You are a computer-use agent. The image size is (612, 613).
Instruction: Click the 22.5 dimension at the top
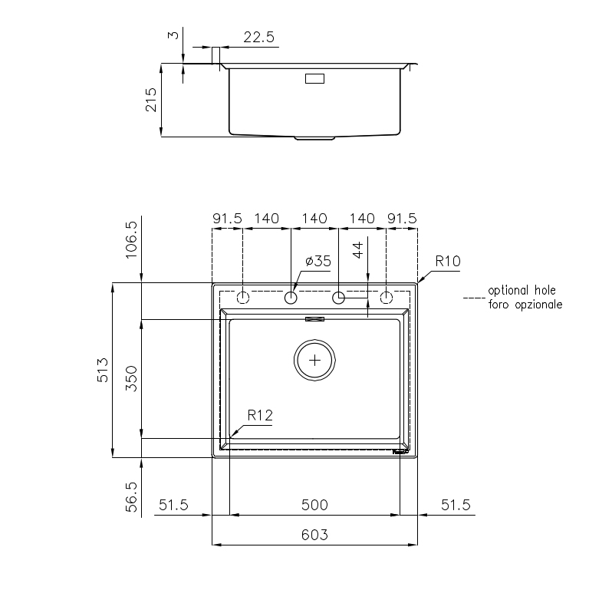click(x=258, y=37)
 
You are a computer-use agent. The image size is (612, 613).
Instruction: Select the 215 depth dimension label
click(x=151, y=100)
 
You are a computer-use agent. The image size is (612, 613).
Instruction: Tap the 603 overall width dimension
click(x=314, y=535)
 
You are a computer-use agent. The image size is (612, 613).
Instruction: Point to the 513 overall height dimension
click(x=103, y=370)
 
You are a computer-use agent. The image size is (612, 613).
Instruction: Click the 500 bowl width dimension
click(x=314, y=505)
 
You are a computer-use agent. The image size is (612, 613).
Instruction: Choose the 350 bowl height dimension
click(x=131, y=378)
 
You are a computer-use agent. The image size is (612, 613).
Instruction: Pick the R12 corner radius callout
click(x=260, y=415)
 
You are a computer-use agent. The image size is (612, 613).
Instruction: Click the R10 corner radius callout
click(x=448, y=261)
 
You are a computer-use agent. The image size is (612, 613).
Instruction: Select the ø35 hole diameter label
click(x=318, y=261)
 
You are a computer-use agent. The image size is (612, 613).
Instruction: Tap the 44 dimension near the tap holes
click(x=358, y=250)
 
